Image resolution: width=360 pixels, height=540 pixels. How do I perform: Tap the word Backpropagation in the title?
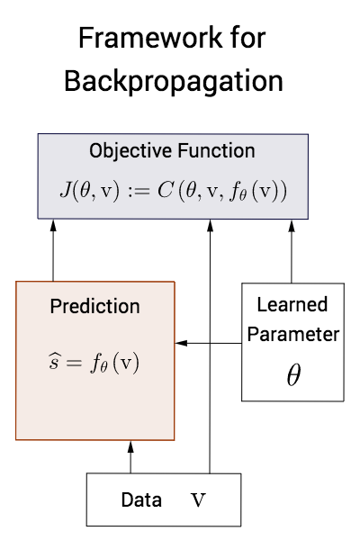(174, 81)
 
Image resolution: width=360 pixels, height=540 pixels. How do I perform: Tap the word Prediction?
(94, 307)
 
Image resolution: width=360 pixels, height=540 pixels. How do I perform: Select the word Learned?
(292, 304)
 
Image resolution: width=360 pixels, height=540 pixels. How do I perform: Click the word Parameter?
(292, 334)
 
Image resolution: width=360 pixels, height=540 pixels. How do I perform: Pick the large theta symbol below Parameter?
(292, 374)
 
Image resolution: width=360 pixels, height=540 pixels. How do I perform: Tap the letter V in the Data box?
(199, 499)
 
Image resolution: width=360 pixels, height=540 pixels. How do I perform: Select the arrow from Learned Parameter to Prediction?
(209, 344)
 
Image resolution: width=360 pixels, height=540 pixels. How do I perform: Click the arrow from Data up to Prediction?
(131, 456)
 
